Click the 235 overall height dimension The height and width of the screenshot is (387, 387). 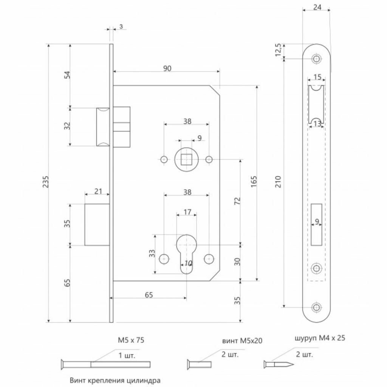coord(44,183)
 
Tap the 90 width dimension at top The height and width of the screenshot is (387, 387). coord(167,68)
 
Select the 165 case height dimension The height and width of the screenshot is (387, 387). coord(253,183)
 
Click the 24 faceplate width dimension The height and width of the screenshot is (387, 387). coord(317,7)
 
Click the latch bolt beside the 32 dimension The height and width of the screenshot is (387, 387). coord(103,127)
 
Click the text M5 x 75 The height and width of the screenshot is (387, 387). coord(130,340)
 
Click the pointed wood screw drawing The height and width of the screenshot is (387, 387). coord(279,364)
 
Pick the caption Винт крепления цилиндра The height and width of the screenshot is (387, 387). coord(115,380)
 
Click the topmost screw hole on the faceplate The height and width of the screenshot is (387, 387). coord(316,59)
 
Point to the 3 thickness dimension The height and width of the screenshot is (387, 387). coord(120,26)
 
